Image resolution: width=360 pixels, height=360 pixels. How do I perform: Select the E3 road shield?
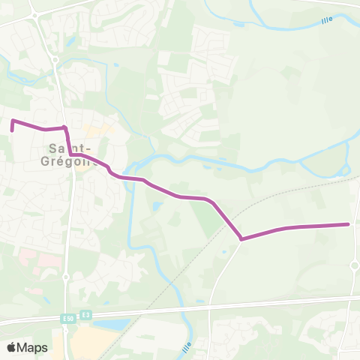click(87, 315)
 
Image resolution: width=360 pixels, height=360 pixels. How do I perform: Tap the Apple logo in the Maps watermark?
click(12, 347)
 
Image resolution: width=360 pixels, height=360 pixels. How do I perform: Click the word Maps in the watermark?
click(33, 347)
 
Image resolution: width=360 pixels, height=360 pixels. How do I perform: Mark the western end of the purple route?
click(13, 130)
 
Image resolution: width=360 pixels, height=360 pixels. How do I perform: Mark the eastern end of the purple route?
click(349, 224)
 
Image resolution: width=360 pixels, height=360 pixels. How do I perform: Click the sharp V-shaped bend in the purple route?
click(241, 239)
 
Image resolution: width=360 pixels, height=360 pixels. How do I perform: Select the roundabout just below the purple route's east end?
click(354, 265)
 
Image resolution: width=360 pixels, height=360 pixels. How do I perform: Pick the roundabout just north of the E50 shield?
click(66, 276)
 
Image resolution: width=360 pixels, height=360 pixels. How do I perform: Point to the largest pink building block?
click(30, 259)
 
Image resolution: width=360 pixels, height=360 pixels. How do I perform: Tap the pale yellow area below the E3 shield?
click(88, 343)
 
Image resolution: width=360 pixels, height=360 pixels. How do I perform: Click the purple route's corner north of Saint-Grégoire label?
click(66, 128)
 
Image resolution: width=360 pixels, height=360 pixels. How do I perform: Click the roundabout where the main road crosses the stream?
click(54, 61)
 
